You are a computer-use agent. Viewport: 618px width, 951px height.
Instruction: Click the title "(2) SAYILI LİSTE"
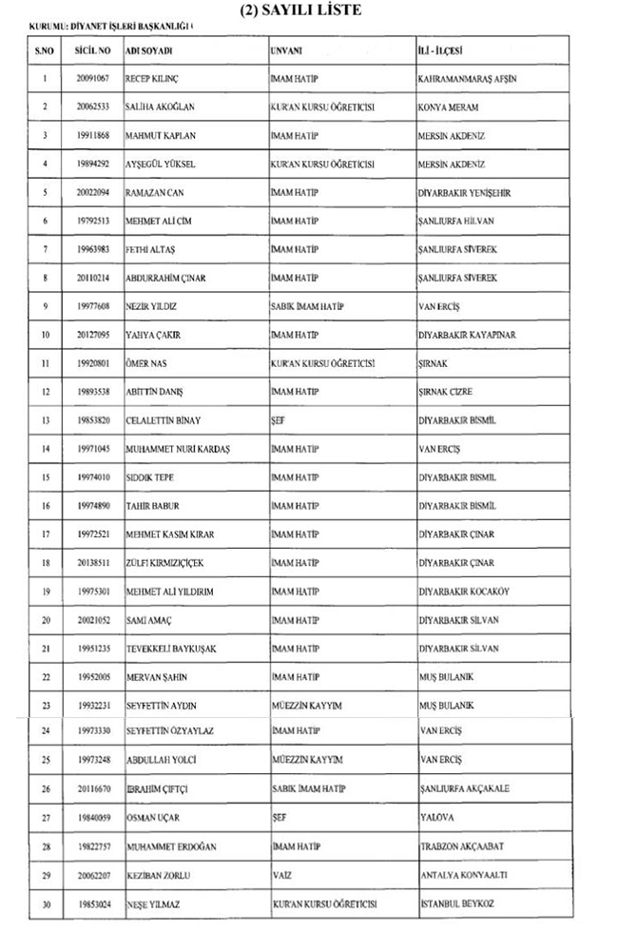[x=308, y=10]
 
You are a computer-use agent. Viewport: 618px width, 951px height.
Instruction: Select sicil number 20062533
[x=93, y=107]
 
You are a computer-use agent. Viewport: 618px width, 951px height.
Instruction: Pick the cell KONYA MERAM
[x=448, y=107]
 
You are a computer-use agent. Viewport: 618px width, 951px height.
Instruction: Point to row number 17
[x=45, y=534]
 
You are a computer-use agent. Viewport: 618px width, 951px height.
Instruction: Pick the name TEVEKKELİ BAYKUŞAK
[x=171, y=649]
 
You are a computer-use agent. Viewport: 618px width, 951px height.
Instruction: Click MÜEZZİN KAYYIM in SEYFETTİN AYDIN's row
[x=305, y=705]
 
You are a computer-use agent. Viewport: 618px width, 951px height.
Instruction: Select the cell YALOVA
[x=436, y=817]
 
